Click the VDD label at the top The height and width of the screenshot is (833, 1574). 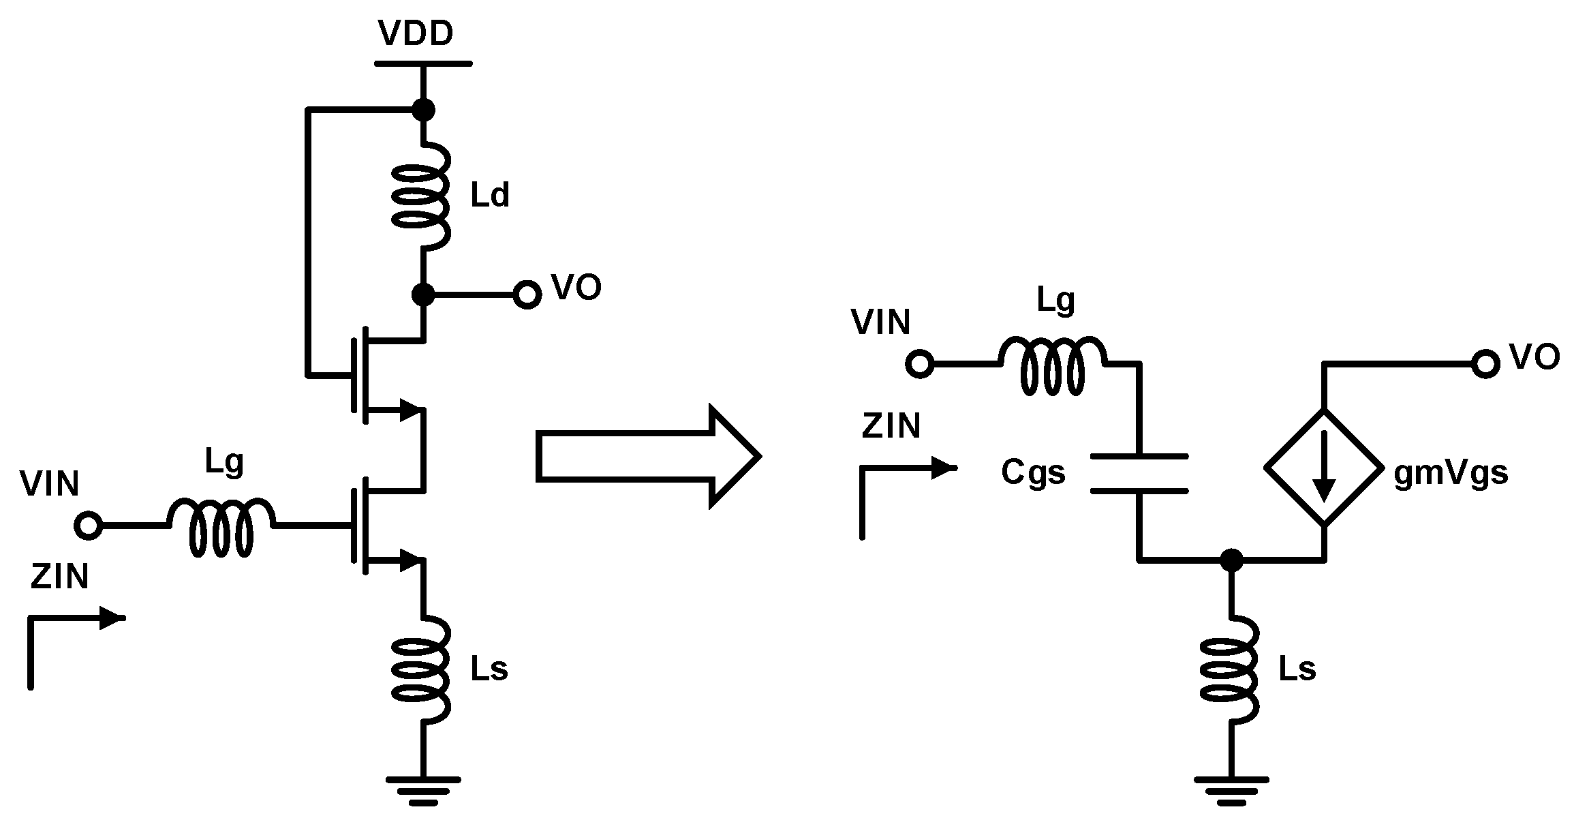416,34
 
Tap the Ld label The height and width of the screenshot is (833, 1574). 489,196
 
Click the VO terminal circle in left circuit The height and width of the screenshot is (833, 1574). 527,295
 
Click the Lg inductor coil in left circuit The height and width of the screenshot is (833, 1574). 221,526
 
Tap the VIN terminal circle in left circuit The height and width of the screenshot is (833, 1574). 89,526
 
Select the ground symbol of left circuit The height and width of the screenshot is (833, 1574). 422,791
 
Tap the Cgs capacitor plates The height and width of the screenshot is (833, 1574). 1139,473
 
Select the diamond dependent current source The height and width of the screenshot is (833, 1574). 1324,468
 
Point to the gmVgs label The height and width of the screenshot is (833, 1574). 1451,472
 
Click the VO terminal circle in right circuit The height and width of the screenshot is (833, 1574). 1485,364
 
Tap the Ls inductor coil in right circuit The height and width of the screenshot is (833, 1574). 1231,670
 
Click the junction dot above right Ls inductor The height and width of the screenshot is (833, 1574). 1231,560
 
